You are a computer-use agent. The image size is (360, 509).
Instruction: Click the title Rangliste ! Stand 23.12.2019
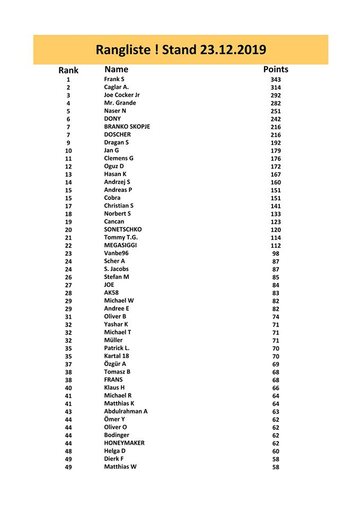(x=180, y=50)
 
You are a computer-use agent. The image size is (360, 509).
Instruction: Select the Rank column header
(x=68, y=70)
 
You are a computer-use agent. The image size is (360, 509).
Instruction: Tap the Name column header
(x=116, y=69)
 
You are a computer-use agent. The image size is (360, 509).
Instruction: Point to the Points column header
(x=276, y=69)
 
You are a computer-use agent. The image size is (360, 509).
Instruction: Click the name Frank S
(x=114, y=79)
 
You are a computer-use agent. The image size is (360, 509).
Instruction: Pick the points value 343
(x=276, y=80)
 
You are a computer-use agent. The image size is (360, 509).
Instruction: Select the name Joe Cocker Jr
(x=122, y=95)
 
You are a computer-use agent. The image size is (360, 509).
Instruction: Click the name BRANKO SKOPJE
(x=127, y=127)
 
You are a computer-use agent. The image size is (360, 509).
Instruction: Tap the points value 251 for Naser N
(x=276, y=111)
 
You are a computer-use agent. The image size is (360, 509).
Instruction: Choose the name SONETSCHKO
(x=123, y=230)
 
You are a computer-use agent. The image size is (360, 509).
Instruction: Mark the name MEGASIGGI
(x=120, y=245)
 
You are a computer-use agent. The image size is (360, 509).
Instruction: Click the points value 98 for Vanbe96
(x=276, y=253)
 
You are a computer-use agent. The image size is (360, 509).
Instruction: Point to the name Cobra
(x=112, y=198)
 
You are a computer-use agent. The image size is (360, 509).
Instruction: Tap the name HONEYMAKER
(x=124, y=443)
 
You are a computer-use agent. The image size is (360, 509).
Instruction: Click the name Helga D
(x=115, y=451)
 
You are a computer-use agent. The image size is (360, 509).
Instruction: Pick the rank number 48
(x=68, y=451)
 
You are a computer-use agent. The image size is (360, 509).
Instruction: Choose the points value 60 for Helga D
(x=276, y=451)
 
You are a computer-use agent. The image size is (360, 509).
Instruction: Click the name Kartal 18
(x=117, y=356)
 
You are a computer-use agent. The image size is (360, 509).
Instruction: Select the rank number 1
(x=68, y=80)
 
